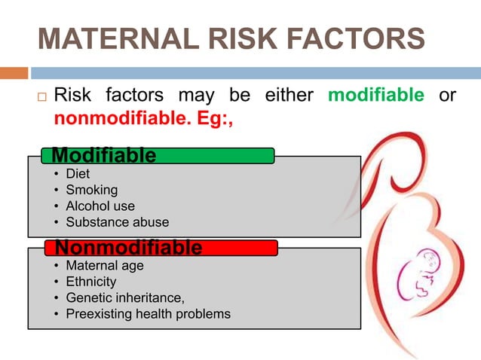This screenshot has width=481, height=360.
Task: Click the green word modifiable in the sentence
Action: tap(376, 96)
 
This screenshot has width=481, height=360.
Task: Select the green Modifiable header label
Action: tap(104, 155)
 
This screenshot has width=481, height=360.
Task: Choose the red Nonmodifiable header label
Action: tap(127, 247)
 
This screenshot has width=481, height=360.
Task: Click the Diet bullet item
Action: tap(78, 174)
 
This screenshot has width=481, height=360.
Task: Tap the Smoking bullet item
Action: tap(91, 190)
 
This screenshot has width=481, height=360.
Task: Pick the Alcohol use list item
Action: tap(100, 206)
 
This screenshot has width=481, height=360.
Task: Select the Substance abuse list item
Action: tap(117, 222)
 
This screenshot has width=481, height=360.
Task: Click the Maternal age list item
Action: tap(104, 266)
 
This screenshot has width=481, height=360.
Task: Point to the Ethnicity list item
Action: tap(90, 282)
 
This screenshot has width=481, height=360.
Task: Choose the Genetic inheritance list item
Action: tap(124, 297)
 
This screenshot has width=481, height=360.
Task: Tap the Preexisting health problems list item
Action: tap(148, 313)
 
